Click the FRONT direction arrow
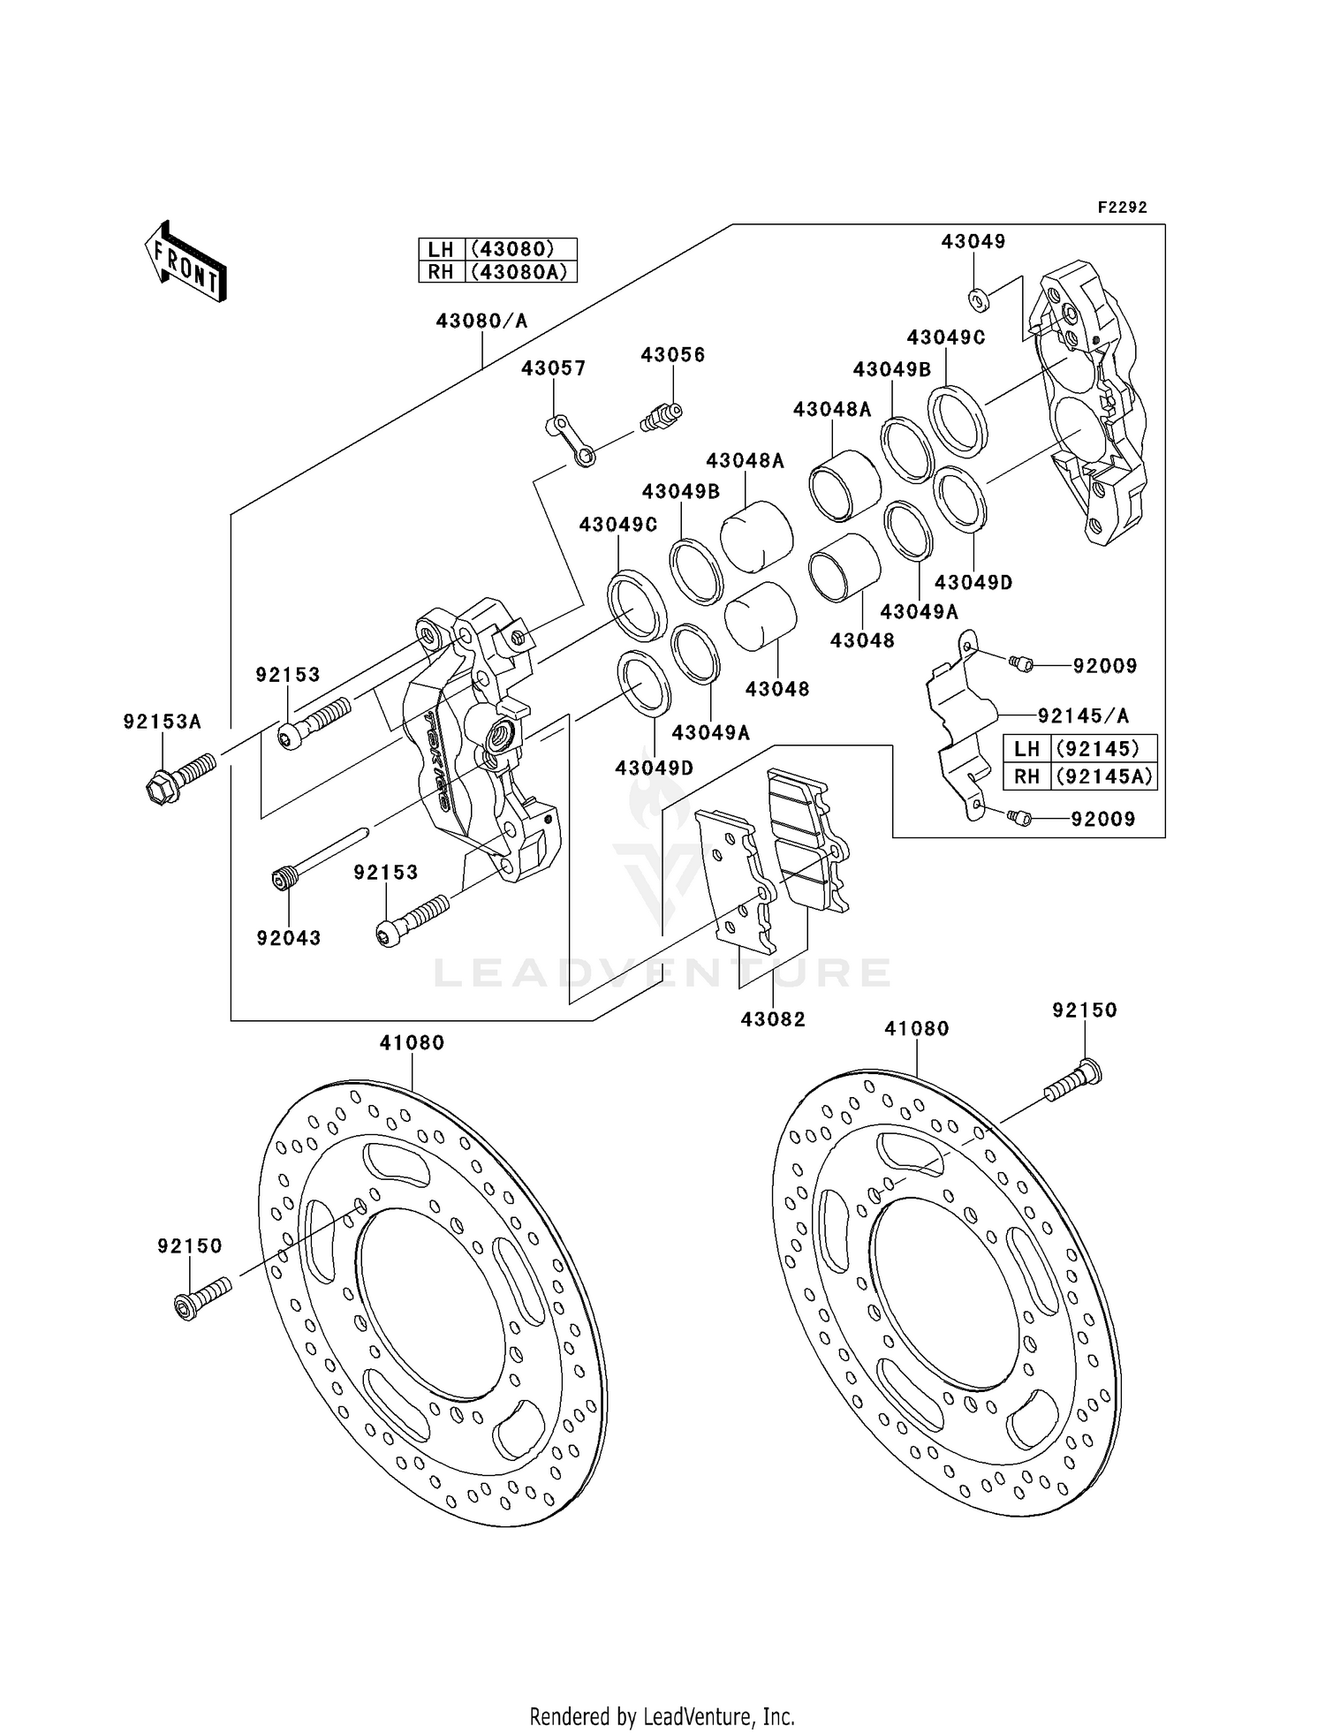pyautogui.click(x=185, y=262)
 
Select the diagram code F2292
pyautogui.click(x=1122, y=208)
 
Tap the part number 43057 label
pyautogui.click(x=553, y=368)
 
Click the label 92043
pyautogui.click(x=289, y=938)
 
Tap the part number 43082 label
pyautogui.click(x=773, y=1019)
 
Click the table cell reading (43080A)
pyautogui.click(x=521, y=272)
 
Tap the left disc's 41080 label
pyautogui.click(x=412, y=1042)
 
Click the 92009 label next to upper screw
pyautogui.click(x=1104, y=666)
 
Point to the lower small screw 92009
pyautogui.click(x=1019, y=819)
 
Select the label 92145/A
pyautogui.click(x=1083, y=715)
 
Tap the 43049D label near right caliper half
pyautogui.click(x=973, y=583)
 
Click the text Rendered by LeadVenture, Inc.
pyautogui.click(x=662, y=1716)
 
